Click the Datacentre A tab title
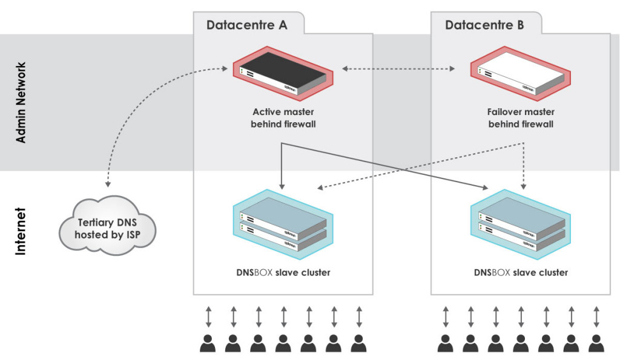[x=247, y=25]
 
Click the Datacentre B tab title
[x=484, y=25]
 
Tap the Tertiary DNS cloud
[x=108, y=227]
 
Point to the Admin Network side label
[x=21, y=102]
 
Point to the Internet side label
[x=21, y=231]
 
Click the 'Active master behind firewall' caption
[x=283, y=118]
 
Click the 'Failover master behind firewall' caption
[x=521, y=118]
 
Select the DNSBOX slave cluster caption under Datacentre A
[x=283, y=272]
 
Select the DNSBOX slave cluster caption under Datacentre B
[x=521, y=272]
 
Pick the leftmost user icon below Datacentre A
[x=208, y=343]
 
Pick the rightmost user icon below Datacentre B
[x=596, y=343]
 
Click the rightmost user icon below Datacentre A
[x=358, y=343]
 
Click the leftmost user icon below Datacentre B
[x=446, y=343]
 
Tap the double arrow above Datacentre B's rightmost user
[x=596, y=316]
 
